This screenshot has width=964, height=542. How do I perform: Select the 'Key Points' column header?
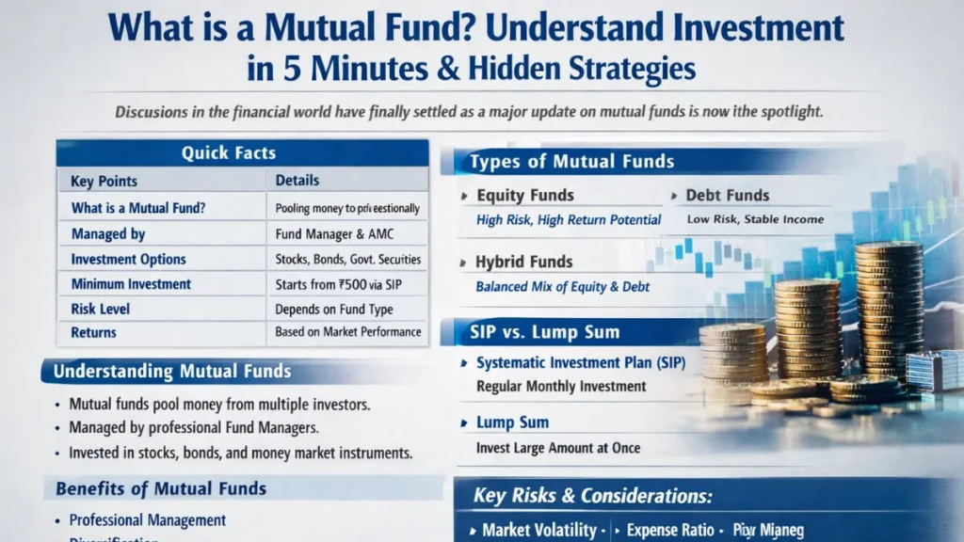pos(104,181)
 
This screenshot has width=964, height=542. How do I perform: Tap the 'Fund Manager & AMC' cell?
pos(327,233)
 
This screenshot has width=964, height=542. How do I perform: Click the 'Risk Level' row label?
pos(100,309)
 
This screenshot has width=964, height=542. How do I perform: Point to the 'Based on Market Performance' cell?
pos(348,332)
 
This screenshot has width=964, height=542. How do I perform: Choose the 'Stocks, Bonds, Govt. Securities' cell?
pos(348,259)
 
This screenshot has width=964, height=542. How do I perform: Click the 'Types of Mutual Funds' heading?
pos(571,162)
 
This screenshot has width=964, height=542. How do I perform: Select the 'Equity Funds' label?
pos(525,196)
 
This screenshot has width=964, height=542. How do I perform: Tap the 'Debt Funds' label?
pos(728,196)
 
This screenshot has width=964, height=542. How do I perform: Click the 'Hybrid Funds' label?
pos(524,262)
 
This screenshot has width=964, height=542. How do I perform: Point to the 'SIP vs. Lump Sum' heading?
pos(544,332)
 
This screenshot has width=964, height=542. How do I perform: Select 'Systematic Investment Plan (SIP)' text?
pos(581,363)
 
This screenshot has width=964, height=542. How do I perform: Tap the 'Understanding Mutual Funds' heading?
pos(171,371)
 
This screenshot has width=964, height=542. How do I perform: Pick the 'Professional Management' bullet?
pos(148,519)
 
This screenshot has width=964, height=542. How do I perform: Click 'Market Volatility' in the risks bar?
pos(538,531)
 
